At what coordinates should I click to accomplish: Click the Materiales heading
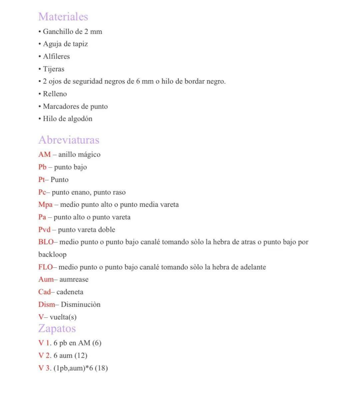[63, 17]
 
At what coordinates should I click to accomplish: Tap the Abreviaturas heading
[69, 140]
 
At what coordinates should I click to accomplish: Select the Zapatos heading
[57, 328]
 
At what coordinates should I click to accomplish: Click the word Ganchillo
[58, 32]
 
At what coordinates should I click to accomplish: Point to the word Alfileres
[56, 57]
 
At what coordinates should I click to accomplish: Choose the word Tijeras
[54, 69]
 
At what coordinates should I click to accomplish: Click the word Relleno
[55, 94]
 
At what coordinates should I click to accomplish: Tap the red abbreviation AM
[44, 155]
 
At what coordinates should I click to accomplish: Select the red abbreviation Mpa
[45, 204]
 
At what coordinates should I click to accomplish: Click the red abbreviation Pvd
[44, 230]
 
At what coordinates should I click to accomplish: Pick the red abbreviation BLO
[46, 242]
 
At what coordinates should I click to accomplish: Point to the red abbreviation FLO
[45, 267]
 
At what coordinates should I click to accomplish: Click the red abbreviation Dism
[47, 304]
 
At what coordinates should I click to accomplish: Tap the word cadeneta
[70, 292]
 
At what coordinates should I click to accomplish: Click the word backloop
[52, 255]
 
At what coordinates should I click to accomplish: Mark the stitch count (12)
[81, 356]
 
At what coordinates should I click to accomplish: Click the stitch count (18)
[101, 368]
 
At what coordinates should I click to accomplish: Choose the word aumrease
[74, 279]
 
